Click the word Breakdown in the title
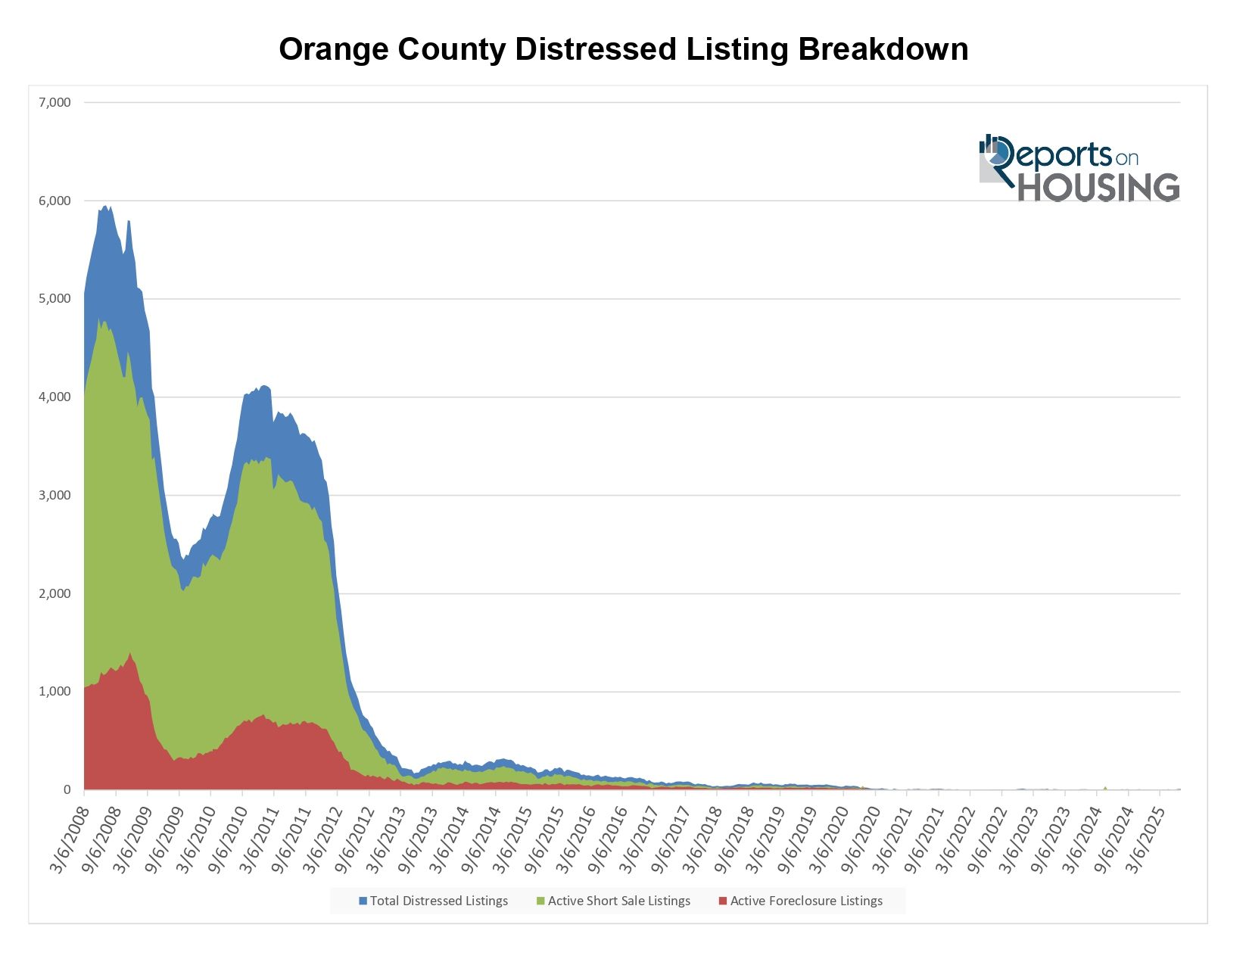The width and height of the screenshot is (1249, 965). point(883,50)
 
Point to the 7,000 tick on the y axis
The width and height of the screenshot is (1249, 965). point(55,103)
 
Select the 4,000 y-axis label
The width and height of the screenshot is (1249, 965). point(55,397)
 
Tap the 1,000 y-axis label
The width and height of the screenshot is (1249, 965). point(55,691)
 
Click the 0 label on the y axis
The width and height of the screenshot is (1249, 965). point(67,789)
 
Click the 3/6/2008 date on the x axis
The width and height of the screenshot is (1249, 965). point(70,840)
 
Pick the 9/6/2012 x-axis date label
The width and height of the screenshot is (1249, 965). point(354,840)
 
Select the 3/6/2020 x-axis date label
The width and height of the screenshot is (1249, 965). point(828,840)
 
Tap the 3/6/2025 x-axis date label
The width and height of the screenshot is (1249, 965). point(1145,840)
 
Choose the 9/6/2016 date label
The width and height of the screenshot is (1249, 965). point(607,840)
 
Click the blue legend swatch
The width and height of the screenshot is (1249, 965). point(363,901)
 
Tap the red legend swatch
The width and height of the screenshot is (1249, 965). point(723,901)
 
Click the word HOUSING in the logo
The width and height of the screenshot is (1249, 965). point(1098,187)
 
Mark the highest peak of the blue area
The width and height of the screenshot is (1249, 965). point(106,207)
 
